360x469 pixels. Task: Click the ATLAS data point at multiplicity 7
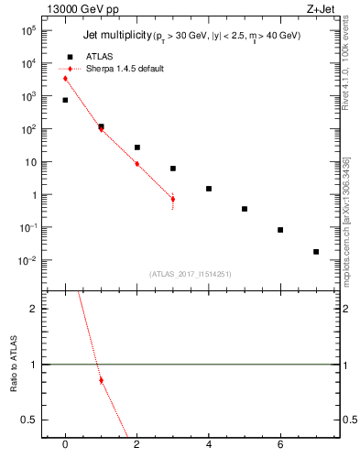point(316,251)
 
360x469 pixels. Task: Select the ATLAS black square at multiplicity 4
point(209,189)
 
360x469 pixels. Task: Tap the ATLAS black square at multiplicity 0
point(65,100)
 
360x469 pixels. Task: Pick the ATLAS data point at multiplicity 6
point(280,230)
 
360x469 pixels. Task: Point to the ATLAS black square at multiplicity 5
point(245,209)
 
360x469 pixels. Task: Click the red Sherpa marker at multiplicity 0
point(65,79)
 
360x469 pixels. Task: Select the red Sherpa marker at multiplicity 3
point(172,199)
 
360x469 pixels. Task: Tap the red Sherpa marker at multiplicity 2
point(136,164)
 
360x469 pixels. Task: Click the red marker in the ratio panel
point(101,380)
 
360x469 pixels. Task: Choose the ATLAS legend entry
point(94,57)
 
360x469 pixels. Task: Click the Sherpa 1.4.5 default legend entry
point(123,69)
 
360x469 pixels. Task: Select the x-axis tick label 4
point(209,445)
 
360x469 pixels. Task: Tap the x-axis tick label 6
point(280,445)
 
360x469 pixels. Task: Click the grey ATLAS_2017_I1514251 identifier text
point(191,274)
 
